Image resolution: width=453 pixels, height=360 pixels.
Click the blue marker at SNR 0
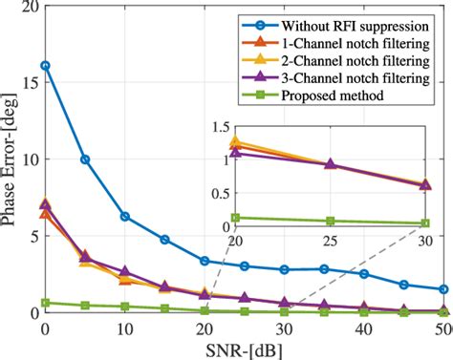point(45,66)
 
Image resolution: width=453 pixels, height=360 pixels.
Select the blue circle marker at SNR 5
point(85,159)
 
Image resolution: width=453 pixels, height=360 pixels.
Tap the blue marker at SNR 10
point(125,217)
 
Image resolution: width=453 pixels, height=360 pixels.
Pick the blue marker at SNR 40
point(365,274)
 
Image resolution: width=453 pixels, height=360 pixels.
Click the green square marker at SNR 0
point(45,303)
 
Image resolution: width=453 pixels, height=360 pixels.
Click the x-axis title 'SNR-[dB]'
point(246,349)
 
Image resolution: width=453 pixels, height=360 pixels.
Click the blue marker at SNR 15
point(165,240)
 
